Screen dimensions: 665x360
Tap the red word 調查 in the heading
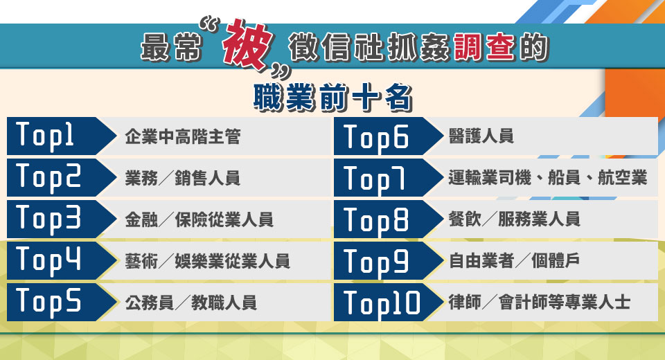tap(484, 46)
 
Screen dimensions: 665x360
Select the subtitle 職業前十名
tap(333, 98)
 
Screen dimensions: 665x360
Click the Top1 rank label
tap(44, 135)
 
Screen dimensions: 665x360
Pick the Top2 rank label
tap(48, 177)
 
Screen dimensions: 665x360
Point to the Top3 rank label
tap(48, 218)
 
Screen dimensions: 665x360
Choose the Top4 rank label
tap(48, 260)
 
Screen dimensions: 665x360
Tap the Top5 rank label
tap(48, 301)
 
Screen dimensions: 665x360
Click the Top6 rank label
tap(375, 138)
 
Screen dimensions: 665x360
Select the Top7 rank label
tap(374, 179)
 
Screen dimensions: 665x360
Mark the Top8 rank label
tap(375, 221)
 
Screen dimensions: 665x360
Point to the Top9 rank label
tap(375, 262)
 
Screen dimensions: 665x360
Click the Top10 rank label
tap(382, 304)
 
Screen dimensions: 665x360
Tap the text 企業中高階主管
tap(183, 136)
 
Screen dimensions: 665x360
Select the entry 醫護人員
tap(481, 136)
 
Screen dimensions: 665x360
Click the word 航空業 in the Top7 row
tap(623, 177)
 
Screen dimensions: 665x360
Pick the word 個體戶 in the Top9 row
tap(556, 260)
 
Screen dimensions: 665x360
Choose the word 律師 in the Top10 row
tap(465, 303)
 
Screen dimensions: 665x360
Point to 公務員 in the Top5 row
tap(150, 303)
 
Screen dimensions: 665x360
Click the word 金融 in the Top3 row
tap(141, 219)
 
